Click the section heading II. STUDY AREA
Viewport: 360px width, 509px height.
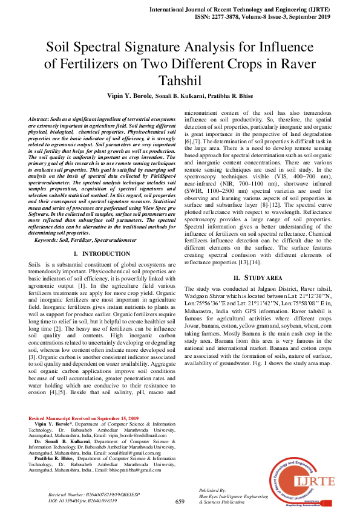[x=258, y=277]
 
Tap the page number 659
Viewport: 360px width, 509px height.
[x=180, y=501]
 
